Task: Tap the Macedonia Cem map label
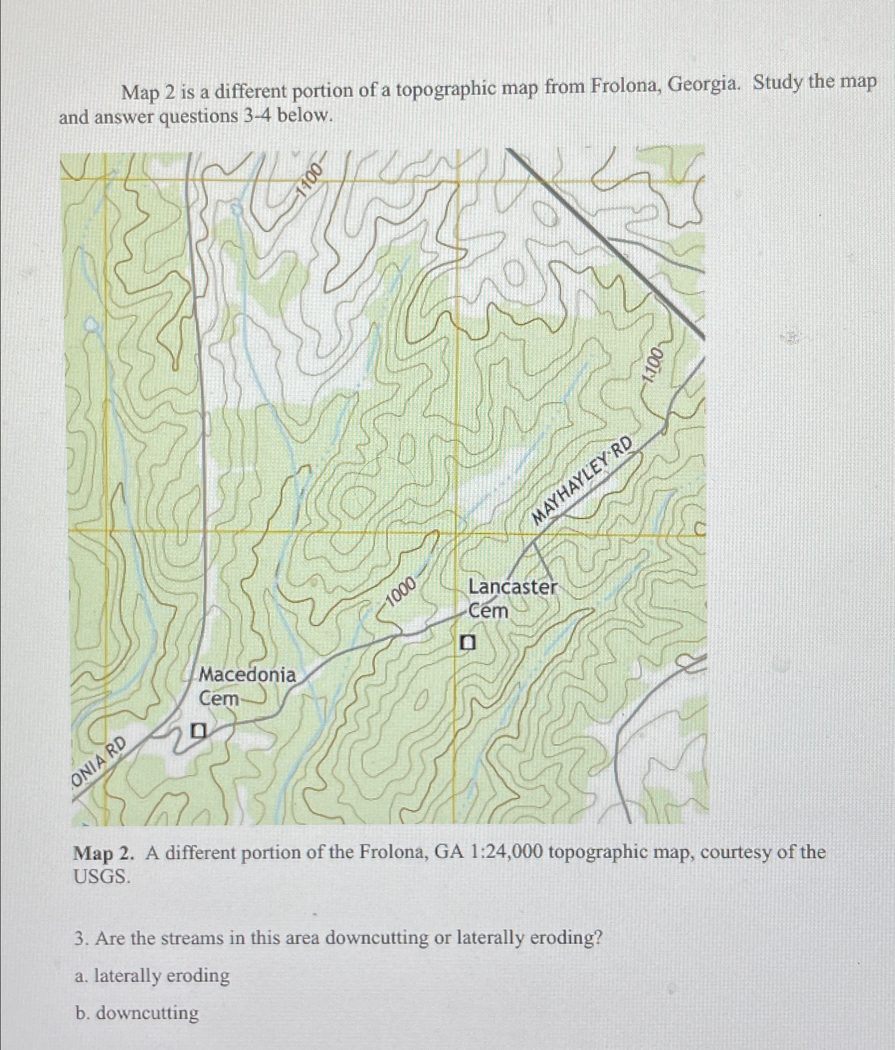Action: tap(247, 687)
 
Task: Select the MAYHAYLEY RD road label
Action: tap(583, 481)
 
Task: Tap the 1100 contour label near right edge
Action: tap(652, 365)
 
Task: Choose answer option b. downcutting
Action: tap(137, 1013)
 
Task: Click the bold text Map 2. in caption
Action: tap(104, 854)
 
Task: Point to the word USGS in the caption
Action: tap(102, 877)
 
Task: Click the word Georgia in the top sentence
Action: tap(703, 85)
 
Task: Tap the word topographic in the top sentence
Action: tap(446, 90)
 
